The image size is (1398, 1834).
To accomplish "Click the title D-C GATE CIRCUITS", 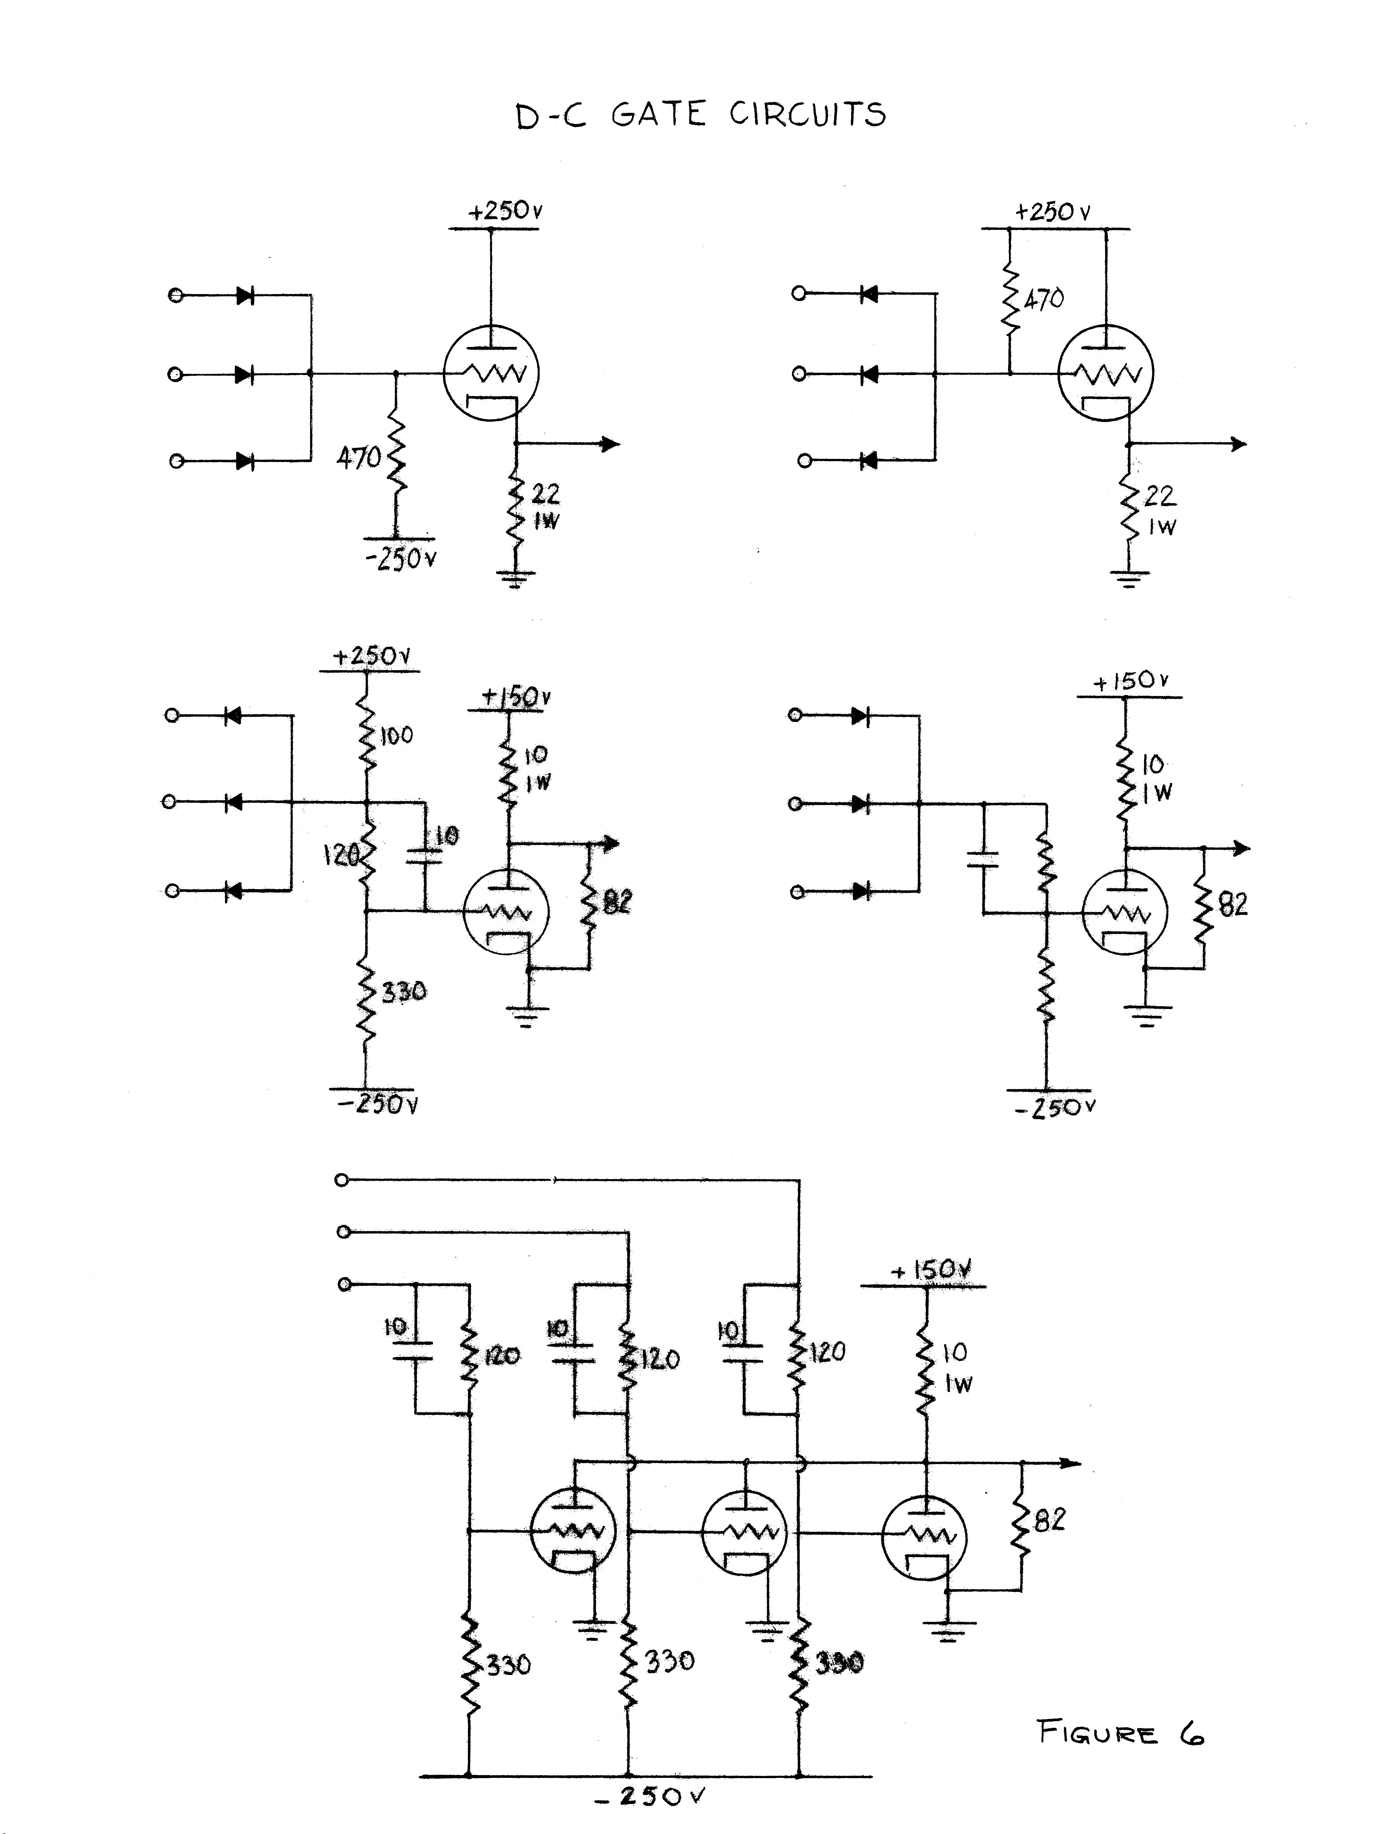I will pos(701,116).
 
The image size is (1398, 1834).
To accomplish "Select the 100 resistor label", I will pos(396,735).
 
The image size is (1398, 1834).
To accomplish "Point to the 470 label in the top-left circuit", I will pos(359,457).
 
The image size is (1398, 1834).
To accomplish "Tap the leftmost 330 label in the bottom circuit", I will pos(508,1665).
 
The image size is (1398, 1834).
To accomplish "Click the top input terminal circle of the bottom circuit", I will pos(341,1180).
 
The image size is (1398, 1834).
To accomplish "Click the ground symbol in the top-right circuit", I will pos(1128,578).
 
